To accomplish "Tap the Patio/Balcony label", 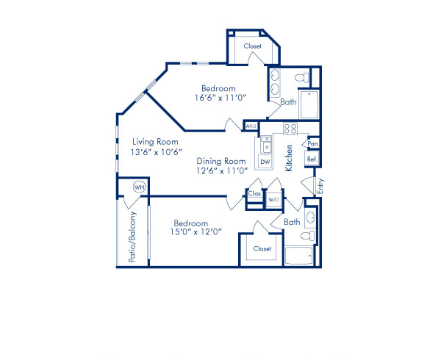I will pos(133,237).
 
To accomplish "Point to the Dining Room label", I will pos(220,161).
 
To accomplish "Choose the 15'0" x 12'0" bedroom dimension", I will pos(198,232).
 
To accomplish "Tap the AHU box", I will pos(251,125).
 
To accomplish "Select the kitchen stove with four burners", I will pos(290,129).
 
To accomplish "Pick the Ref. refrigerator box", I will pos(312,159).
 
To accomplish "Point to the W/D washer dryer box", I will pos(273,198).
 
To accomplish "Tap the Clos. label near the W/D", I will pos(255,194).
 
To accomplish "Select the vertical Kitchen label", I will pos(291,157).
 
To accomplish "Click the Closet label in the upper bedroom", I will pos(253,46).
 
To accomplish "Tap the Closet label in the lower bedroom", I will pos(262,248).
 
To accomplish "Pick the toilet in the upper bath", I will pos(299,77).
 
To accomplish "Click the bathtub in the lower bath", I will pos(298,256).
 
